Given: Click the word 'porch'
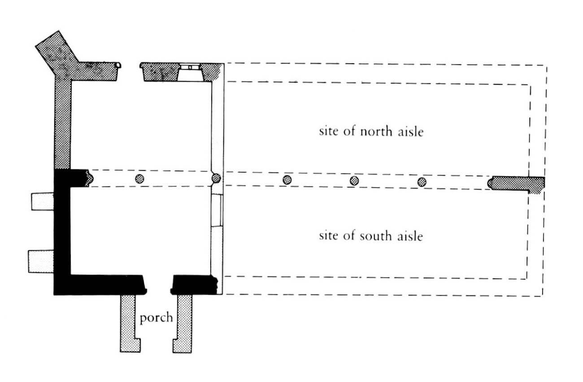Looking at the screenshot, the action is pos(156,318).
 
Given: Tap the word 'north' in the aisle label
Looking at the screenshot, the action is pos(376,132).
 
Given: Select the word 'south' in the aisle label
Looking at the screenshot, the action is pos(376,236).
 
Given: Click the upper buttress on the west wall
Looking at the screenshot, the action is pos(43,202).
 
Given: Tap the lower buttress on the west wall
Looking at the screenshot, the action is pos(41,262).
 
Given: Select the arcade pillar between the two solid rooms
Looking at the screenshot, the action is pos(140,179).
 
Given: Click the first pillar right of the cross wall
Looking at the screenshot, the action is pos(287,180).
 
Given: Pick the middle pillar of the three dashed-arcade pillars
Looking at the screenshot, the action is pos(354,180).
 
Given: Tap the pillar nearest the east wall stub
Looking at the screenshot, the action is pos(422,182).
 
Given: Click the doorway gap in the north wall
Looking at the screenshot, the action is pos(130,72).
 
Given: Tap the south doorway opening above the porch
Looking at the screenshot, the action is pos(159,284).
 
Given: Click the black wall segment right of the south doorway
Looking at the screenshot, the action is pos(194,285).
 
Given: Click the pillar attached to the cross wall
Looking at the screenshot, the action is pos(216,178).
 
